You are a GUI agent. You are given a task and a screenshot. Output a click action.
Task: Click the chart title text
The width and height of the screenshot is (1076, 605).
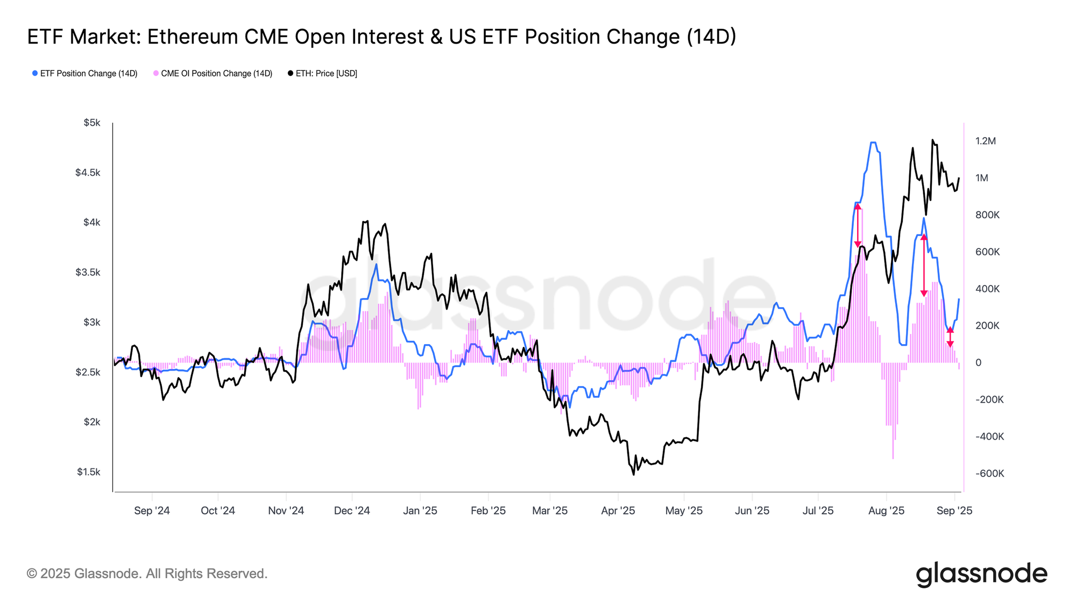tap(381, 37)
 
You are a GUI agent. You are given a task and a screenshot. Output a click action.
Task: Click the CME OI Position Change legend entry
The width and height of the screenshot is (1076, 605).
tap(213, 74)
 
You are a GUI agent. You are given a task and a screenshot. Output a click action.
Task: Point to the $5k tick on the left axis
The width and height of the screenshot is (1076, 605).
tap(92, 123)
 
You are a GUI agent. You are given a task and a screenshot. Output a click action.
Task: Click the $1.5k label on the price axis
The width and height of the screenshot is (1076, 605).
tap(89, 472)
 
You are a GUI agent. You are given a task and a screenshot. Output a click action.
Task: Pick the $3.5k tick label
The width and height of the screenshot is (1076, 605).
tap(88, 273)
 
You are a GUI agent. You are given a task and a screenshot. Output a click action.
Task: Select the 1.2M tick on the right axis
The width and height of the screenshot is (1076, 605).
tap(986, 141)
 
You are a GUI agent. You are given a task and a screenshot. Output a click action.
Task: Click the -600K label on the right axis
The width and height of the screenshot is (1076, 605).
tap(989, 474)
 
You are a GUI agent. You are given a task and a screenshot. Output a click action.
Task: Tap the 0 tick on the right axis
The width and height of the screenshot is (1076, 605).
tap(979, 363)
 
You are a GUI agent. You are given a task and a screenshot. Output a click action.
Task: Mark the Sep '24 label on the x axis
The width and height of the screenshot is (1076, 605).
tap(152, 511)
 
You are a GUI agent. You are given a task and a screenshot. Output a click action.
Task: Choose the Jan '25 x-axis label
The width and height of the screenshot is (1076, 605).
tap(420, 511)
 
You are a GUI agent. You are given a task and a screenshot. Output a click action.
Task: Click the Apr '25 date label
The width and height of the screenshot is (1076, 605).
tap(618, 511)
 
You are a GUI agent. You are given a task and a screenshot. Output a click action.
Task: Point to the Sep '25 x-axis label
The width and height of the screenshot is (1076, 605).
tap(954, 511)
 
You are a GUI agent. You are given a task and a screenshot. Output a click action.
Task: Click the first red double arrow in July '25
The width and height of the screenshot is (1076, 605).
tap(858, 225)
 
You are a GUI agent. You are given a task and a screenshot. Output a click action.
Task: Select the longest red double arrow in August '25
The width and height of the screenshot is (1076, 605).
tap(924, 265)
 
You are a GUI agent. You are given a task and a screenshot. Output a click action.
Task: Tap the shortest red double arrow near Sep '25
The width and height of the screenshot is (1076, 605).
tap(950, 337)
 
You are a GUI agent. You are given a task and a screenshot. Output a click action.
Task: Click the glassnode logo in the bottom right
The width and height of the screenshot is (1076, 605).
tap(982, 574)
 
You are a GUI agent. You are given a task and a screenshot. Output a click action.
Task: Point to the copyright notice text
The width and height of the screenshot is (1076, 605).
tap(147, 574)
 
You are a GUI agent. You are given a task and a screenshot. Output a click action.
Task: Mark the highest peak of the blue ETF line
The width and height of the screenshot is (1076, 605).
tap(873, 143)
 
